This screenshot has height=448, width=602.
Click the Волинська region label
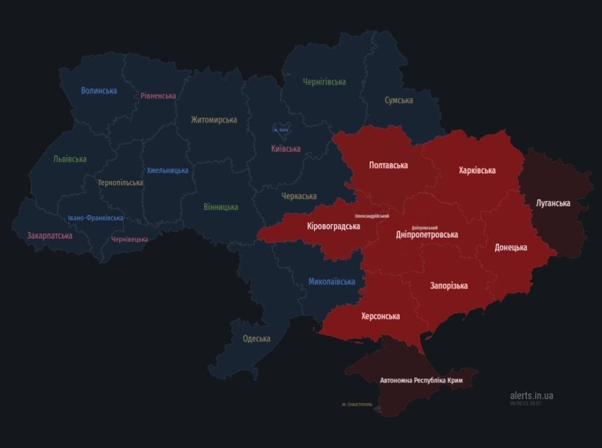pos(99,91)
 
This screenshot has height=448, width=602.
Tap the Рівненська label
pos(158,96)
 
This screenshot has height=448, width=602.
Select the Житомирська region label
pos(214,120)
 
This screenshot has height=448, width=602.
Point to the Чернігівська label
pos(324,82)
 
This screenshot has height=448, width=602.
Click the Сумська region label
pos(399,100)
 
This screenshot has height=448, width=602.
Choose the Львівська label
pos(70,159)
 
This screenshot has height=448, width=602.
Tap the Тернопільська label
pos(120,183)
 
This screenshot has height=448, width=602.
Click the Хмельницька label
pos(167,171)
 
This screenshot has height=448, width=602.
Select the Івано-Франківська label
pos(95,218)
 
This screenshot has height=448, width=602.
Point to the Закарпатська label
pos(49,236)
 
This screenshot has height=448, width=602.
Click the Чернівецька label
pos(129,239)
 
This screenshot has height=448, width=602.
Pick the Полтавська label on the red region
pos(388,165)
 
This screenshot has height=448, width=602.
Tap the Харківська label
pos(477,171)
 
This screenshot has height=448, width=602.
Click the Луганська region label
pos(553,203)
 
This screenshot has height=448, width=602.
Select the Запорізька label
pos(448,286)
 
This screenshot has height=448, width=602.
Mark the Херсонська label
pos(380,316)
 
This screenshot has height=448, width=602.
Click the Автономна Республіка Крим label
pos(421,381)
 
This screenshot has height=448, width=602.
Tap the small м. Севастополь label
pos(357,404)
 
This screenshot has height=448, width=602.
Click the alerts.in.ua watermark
pos(531,395)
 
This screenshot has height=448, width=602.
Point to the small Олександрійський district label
pos(371,215)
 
